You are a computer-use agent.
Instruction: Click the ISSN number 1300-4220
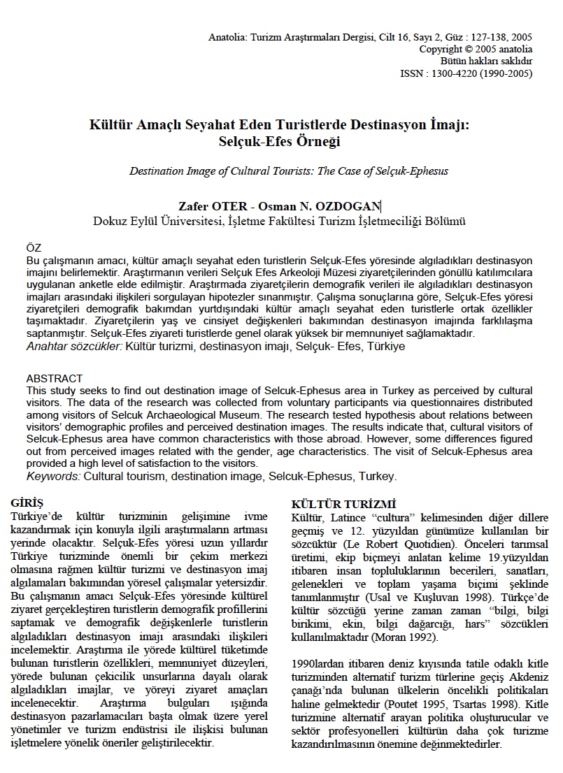[462, 73]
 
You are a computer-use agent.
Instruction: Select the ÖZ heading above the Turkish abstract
[34, 248]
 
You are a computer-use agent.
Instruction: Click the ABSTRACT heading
[54, 379]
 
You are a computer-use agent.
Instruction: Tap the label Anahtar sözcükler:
[74, 346]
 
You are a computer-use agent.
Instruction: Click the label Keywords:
[53, 477]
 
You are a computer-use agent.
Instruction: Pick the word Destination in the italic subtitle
[157, 171]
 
